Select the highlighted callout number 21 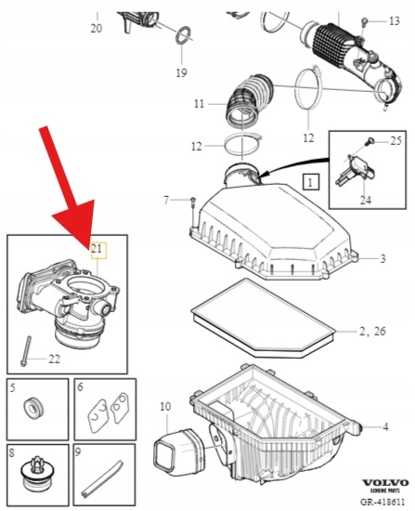pyautogui.click(x=97, y=249)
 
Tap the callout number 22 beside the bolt pyautogui.click(x=55, y=359)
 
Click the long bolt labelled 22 pyautogui.click(x=26, y=351)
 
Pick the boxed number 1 pyautogui.click(x=311, y=182)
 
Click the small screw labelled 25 pyautogui.click(x=370, y=141)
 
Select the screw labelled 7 pyautogui.click(x=192, y=213)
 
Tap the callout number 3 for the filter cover pyautogui.click(x=383, y=259)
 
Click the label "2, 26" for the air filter pyautogui.click(x=372, y=332)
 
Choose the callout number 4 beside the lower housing pyautogui.click(x=385, y=426)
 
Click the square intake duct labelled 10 pyautogui.click(x=179, y=452)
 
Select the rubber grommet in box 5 pyautogui.click(x=33, y=407)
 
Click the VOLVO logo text pyautogui.click(x=385, y=482)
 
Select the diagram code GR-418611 pyautogui.click(x=383, y=501)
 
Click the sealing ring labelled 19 pyautogui.click(x=184, y=36)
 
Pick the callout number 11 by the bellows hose pyautogui.click(x=199, y=104)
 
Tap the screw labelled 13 pyautogui.click(x=365, y=23)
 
